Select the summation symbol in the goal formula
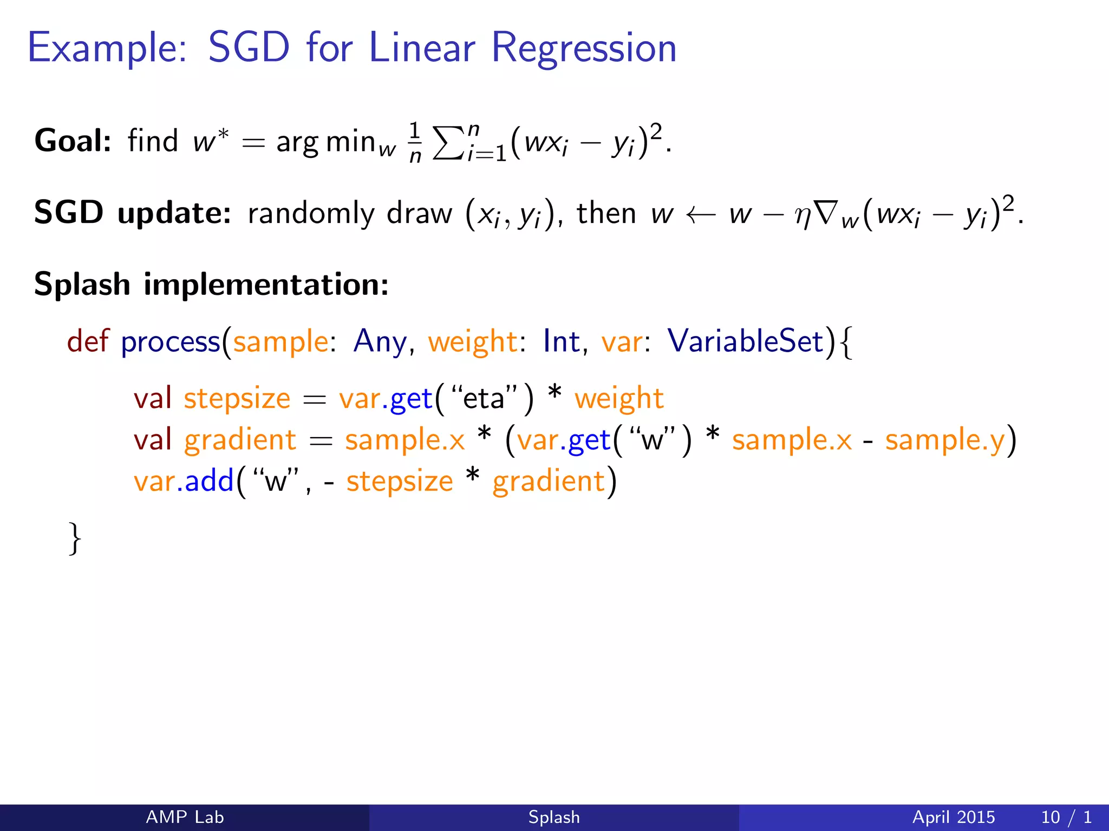pyautogui.click(x=449, y=143)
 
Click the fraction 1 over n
pyautogui.click(x=415, y=143)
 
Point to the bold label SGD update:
pyautogui.click(x=132, y=213)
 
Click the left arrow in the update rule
pyautogui.click(x=701, y=215)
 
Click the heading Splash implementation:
pyautogui.click(x=211, y=284)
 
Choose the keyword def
pyautogui.click(x=88, y=341)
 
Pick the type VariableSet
pyautogui.click(x=745, y=341)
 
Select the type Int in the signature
pyautogui.click(x=561, y=341)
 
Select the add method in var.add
pyautogui.click(x=208, y=481)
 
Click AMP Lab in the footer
pyautogui.click(x=185, y=817)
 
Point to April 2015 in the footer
pyautogui.click(x=953, y=817)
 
